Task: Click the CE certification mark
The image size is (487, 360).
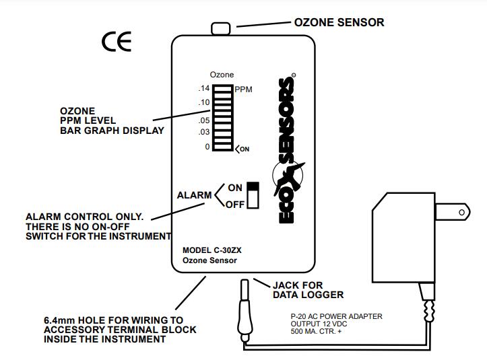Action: coord(117,42)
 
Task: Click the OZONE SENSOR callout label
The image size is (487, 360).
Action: coord(339,22)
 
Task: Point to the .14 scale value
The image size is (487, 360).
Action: coord(204,89)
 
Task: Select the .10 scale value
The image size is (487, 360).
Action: coord(204,102)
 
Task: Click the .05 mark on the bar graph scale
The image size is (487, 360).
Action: coord(204,120)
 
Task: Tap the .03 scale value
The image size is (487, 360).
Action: coord(204,132)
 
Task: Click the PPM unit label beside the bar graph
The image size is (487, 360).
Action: coord(243,89)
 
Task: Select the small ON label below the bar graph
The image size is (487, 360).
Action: coord(244,149)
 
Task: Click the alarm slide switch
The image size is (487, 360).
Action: coord(253,195)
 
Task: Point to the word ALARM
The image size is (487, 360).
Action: coord(195,196)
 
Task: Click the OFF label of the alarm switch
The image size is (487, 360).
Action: coord(234,205)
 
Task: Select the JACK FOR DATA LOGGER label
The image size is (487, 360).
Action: coord(309,289)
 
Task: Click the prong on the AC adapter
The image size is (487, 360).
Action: coord(451,213)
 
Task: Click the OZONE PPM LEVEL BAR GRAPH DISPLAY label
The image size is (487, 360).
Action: coord(111,120)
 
